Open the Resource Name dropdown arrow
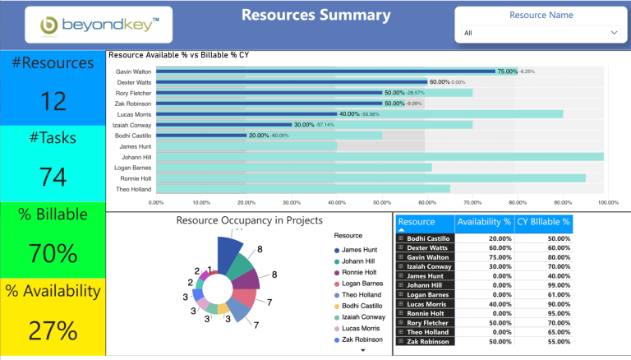(614, 33)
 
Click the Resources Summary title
(316, 15)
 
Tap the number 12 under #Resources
(53, 101)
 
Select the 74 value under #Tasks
(53, 177)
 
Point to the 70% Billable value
(53, 253)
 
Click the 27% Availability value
(53, 330)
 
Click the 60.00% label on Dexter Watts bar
(439, 82)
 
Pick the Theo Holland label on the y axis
(133, 189)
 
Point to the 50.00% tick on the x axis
(382, 201)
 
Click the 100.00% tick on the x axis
(607, 201)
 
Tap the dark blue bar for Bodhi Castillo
(201, 136)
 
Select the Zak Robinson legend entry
(362, 339)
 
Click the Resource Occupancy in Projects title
(249, 220)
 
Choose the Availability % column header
(484, 222)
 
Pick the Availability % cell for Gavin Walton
(484, 257)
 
